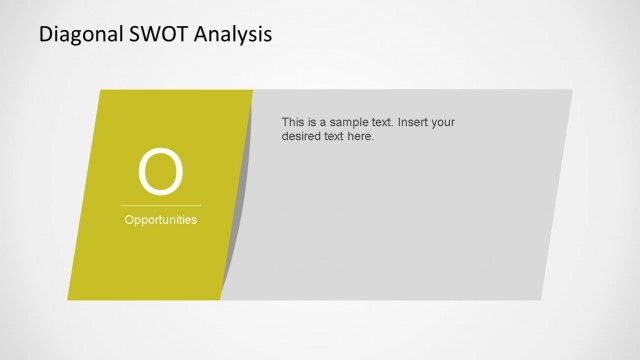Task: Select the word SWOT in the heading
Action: tap(152, 35)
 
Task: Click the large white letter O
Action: tap(161, 172)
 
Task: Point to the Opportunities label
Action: tap(161, 220)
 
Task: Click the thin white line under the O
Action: tap(161, 205)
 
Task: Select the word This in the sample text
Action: tap(294, 122)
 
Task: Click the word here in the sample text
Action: tap(361, 136)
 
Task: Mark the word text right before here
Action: tap(337, 136)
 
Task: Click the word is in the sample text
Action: tap(315, 122)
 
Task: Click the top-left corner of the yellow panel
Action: tap(101, 91)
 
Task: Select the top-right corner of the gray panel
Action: tap(572, 91)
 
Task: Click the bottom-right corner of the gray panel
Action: tap(540, 299)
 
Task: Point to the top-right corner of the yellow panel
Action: tap(252, 91)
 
